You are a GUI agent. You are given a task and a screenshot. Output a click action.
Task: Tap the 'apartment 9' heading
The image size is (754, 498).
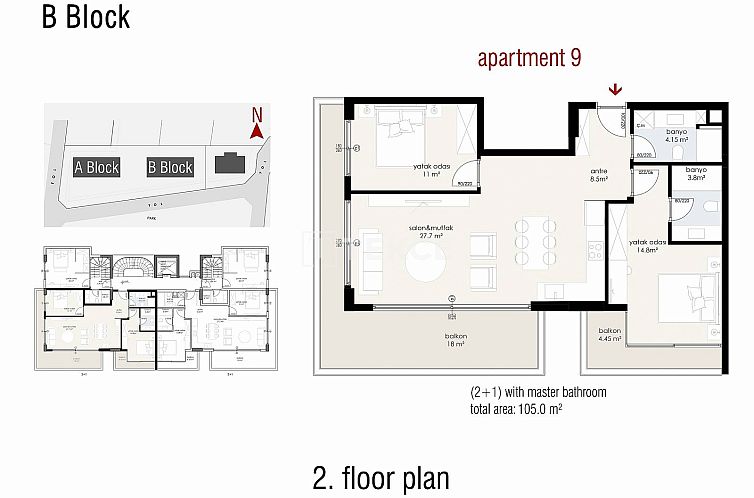click(529, 59)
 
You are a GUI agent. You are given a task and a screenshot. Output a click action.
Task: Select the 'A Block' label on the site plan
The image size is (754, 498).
click(97, 167)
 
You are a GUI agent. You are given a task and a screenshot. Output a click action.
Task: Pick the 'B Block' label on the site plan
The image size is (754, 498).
click(169, 167)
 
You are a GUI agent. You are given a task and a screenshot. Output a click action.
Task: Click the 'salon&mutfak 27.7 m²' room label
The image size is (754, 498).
click(425, 234)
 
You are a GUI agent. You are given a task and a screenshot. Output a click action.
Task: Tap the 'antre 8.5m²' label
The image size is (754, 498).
click(600, 176)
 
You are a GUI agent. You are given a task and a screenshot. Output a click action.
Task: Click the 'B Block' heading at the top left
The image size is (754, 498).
click(86, 17)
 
